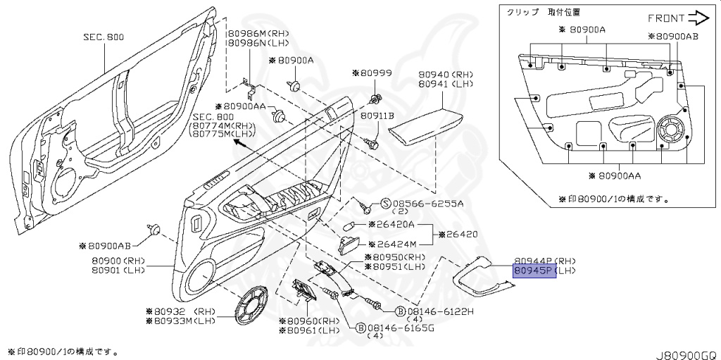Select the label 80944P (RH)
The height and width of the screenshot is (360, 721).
(x=545, y=261)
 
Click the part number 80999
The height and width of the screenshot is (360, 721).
(x=375, y=73)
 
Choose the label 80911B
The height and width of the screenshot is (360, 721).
(x=377, y=114)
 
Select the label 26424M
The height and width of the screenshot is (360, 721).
(x=391, y=244)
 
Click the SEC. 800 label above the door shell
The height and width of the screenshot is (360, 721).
(x=105, y=37)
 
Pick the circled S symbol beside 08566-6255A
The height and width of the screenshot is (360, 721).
(x=385, y=204)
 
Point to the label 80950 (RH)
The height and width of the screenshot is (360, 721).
(x=398, y=257)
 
